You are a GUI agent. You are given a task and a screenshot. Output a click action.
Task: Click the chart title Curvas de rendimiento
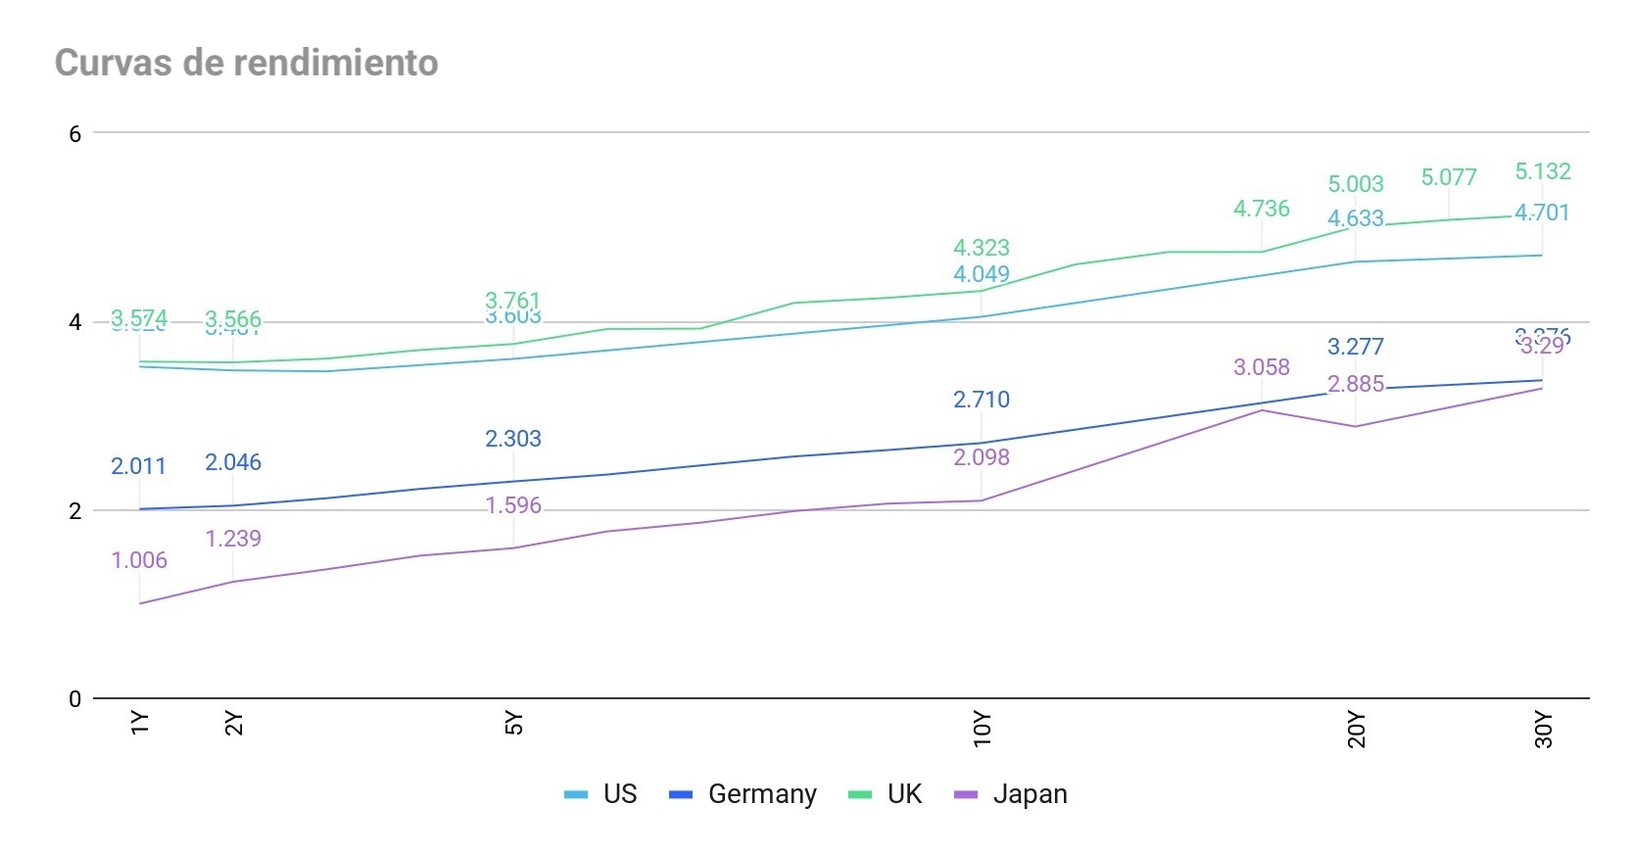[247, 63]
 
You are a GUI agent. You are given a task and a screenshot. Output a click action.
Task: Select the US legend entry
[601, 794]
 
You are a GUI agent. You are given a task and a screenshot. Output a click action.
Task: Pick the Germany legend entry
[744, 794]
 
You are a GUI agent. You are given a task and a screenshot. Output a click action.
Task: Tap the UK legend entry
[886, 794]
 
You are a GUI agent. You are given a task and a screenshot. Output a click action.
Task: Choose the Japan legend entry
[1011, 794]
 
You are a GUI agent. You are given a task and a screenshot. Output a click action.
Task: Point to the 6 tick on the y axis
[75, 133]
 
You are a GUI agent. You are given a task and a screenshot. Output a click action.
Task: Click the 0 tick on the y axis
[75, 699]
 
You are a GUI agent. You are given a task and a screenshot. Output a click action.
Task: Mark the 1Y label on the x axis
[140, 723]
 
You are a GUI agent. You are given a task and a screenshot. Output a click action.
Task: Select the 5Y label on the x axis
[514, 723]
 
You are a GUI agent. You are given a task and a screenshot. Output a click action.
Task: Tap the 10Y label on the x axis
[983, 730]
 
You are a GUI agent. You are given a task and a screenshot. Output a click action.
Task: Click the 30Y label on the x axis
[1544, 730]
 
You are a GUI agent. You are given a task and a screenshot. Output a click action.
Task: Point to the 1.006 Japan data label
[139, 560]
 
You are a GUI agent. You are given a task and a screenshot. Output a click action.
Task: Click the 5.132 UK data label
[1543, 171]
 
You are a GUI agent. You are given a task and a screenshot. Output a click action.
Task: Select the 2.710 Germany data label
[982, 400]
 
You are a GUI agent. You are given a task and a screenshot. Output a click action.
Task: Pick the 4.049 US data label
[982, 274]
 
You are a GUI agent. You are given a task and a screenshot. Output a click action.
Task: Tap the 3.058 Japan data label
[1262, 367]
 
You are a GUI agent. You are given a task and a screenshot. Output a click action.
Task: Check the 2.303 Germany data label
[513, 439]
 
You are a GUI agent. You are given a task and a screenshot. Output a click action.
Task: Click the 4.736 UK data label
[1262, 209]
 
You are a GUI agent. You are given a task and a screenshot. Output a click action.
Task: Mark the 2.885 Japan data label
[1356, 384]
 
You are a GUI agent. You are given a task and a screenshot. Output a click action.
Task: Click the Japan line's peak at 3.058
[1262, 410]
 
